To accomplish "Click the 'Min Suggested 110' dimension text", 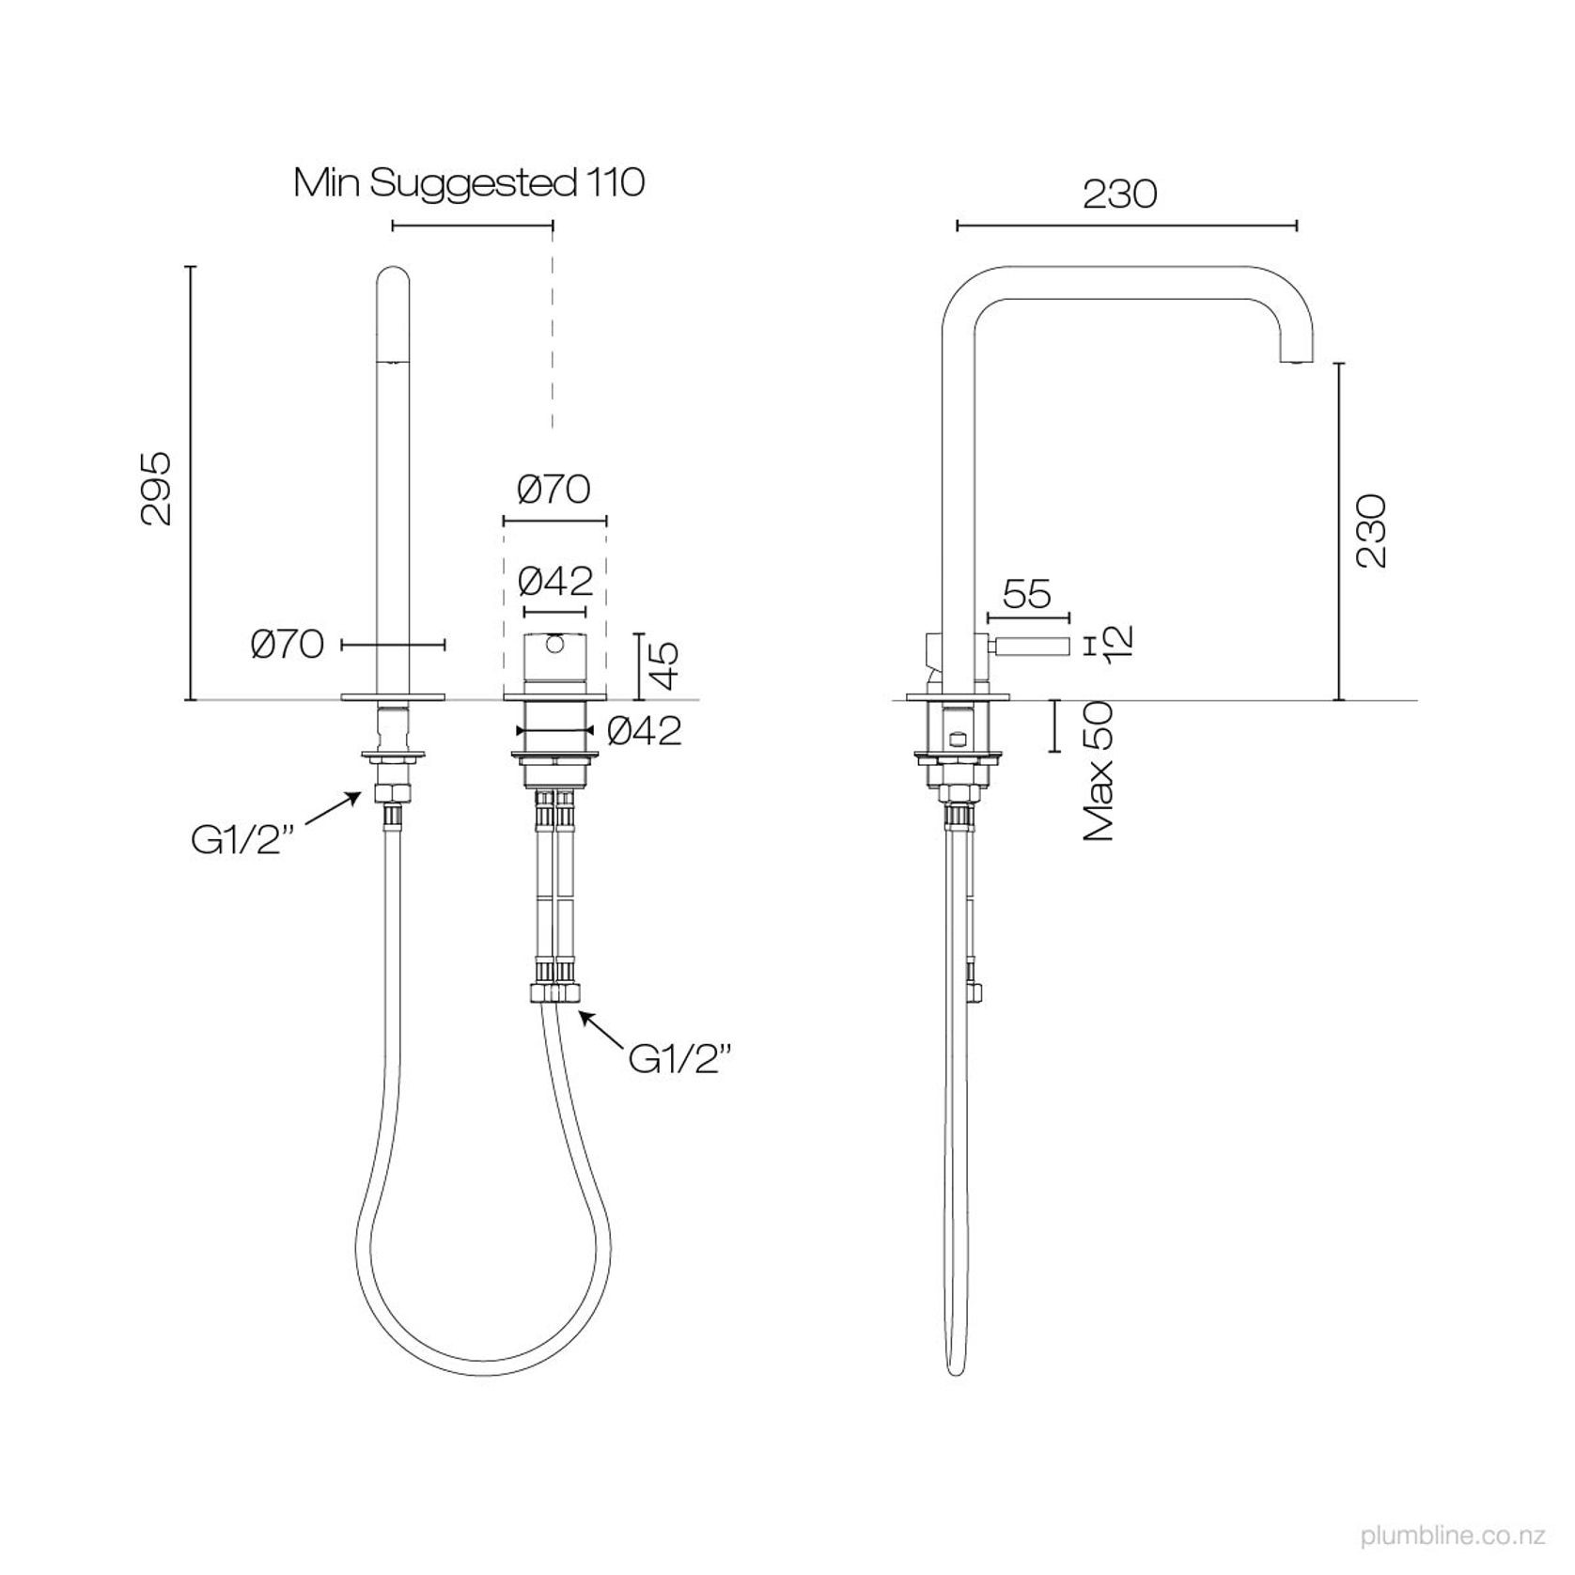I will [x=469, y=182].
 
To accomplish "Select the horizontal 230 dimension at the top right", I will [x=1119, y=195].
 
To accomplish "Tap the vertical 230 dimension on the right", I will [x=1371, y=530].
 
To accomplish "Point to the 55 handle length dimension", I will [x=1026, y=594].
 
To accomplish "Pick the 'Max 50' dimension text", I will [x=1099, y=771].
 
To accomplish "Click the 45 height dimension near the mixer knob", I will [x=664, y=666].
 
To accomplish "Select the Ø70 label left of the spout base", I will [x=288, y=645].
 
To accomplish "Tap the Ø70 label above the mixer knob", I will [x=554, y=490].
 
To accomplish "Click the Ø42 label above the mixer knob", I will [x=555, y=583].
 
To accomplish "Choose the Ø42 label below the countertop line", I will [x=644, y=731].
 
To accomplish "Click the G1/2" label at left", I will [x=237, y=841].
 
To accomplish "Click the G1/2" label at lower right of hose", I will [x=678, y=1060].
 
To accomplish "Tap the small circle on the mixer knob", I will [x=554, y=644].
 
